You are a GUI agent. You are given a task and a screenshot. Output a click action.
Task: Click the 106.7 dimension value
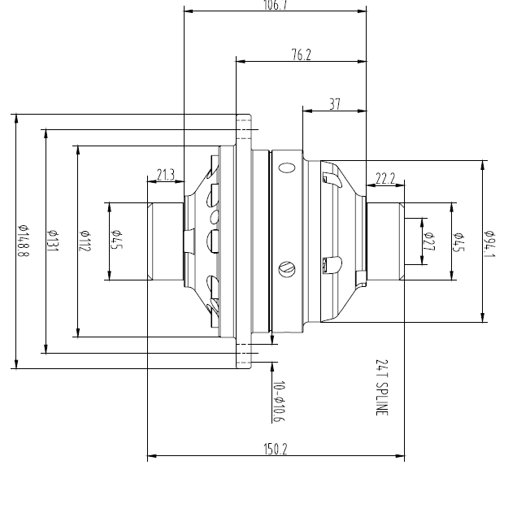click(x=276, y=6)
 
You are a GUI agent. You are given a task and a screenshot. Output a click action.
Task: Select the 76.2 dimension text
click(x=302, y=54)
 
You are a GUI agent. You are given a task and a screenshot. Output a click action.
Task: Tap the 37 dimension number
click(x=335, y=104)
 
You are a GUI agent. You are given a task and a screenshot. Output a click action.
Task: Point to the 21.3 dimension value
click(x=166, y=175)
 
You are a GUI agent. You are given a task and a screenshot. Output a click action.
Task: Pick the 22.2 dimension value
click(x=385, y=179)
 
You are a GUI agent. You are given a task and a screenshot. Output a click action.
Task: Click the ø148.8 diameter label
click(x=24, y=241)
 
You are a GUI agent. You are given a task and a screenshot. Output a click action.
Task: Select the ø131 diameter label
click(x=54, y=241)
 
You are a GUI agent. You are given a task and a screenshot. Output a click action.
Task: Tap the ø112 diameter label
click(x=84, y=241)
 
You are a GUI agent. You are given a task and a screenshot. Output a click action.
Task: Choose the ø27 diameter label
click(x=429, y=241)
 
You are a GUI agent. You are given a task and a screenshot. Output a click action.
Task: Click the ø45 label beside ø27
click(x=459, y=241)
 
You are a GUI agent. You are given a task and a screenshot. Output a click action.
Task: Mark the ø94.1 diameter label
click(x=490, y=241)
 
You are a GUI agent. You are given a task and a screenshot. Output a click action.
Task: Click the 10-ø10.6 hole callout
click(x=279, y=402)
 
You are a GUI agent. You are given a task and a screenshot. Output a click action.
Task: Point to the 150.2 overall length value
click(x=276, y=450)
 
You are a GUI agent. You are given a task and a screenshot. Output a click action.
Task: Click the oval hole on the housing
click(x=285, y=168)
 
